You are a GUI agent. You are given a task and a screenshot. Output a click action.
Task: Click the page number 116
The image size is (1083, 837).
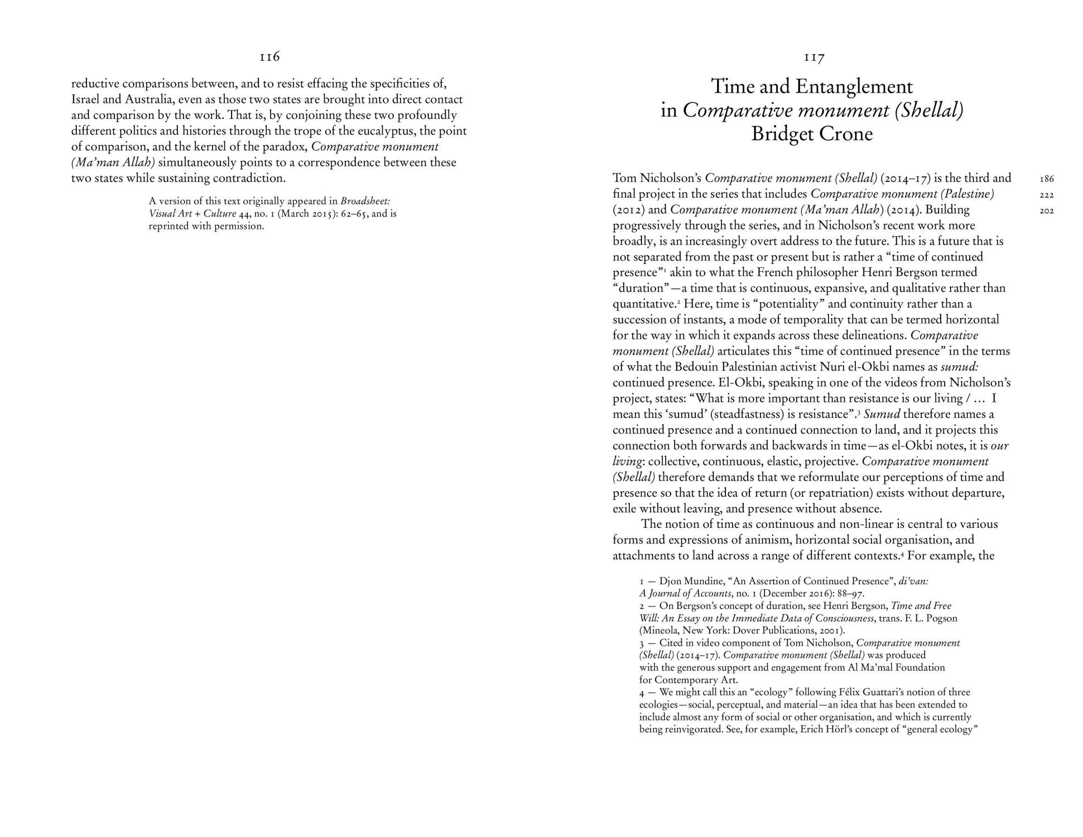point(269,57)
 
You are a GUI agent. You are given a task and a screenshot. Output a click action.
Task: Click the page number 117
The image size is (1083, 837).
point(814,57)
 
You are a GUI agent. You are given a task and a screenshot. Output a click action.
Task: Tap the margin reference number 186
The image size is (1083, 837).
point(1047,179)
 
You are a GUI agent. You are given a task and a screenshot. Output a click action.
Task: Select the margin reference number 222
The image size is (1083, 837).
point(1047,195)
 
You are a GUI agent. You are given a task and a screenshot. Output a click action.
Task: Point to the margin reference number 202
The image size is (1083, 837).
point(1047,211)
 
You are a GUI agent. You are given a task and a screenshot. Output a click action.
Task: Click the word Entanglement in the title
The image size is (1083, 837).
point(854,86)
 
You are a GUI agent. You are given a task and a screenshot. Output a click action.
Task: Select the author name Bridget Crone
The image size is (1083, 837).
point(812,134)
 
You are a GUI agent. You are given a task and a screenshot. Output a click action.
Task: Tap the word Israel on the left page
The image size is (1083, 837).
point(85,100)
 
